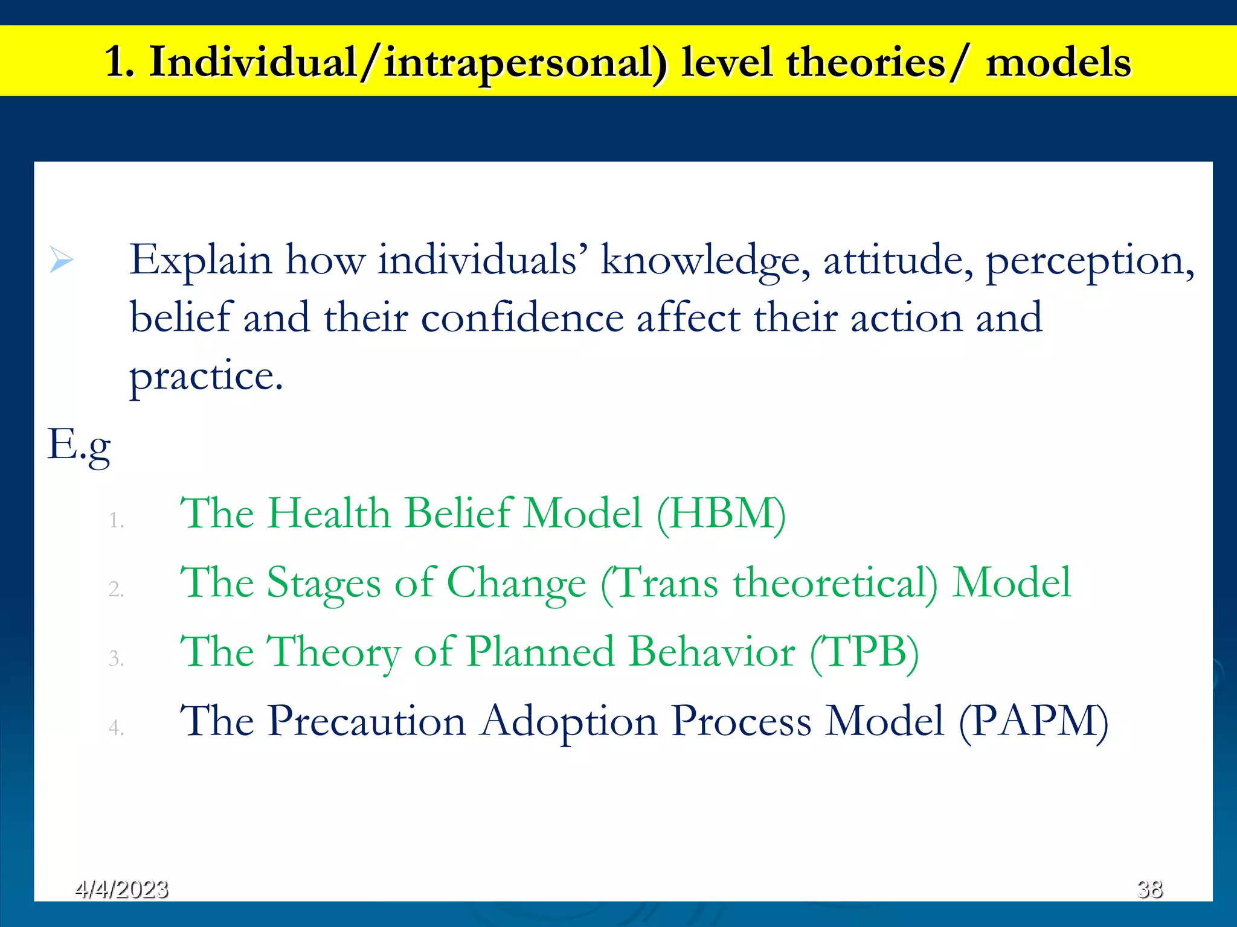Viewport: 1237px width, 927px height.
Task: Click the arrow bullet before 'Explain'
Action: click(x=61, y=261)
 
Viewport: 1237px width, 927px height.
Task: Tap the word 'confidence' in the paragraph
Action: click(x=522, y=319)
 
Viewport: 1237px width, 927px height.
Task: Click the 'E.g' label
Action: click(x=79, y=445)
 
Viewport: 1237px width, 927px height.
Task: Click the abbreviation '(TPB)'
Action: click(x=864, y=652)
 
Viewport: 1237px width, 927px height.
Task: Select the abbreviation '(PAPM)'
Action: click(x=1033, y=722)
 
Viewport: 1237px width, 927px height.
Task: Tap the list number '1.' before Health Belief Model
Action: click(x=116, y=520)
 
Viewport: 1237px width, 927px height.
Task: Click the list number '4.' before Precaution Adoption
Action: click(x=116, y=728)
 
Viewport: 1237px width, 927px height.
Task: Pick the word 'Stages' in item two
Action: click(x=324, y=584)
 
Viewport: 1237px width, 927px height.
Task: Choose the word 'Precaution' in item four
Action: click(x=367, y=722)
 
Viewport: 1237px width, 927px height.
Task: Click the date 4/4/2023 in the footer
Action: click(x=121, y=889)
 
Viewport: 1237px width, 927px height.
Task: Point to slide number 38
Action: click(x=1149, y=889)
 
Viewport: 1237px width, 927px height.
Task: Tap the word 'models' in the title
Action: click(x=1058, y=62)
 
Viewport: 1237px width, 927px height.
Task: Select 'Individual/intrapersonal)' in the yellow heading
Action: click(x=408, y=62)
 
